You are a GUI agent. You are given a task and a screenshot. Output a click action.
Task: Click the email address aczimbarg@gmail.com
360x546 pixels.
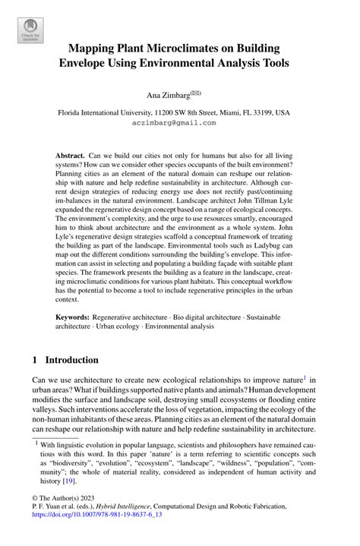[174, 122]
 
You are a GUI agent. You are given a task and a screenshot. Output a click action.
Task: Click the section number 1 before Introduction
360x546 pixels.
[35, 359]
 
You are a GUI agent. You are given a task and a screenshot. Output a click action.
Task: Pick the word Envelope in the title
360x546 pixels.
[94, 64]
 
